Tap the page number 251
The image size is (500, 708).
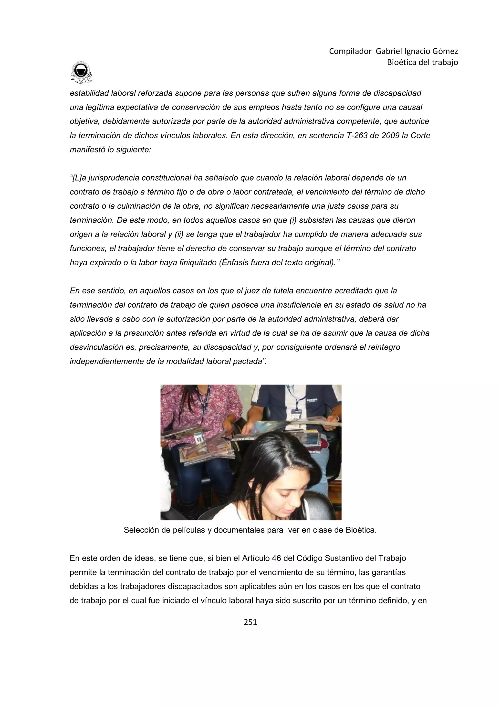(250, 622)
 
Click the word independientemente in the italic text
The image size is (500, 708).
(107, 361)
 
